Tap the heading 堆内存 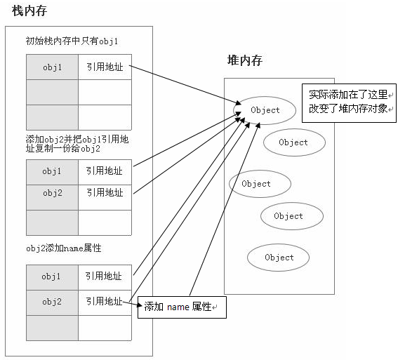(x=245, y=60)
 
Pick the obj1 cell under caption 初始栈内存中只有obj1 (x=52, y=67)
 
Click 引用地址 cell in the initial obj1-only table (x=104, y=67)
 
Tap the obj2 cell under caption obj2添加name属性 (x=52, y=302)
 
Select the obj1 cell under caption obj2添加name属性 (x=52, y=276)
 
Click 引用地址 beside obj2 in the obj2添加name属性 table (x=104, y=302)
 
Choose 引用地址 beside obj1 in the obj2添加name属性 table (x=104, y=276)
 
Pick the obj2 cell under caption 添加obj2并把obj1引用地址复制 (x=52, y=192)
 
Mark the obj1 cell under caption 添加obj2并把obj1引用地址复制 (x=52, y=171)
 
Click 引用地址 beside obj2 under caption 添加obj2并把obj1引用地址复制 (x=104, y=192)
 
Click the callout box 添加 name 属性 (x=182, y=307)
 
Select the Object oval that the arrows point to (x=265, y=110)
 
